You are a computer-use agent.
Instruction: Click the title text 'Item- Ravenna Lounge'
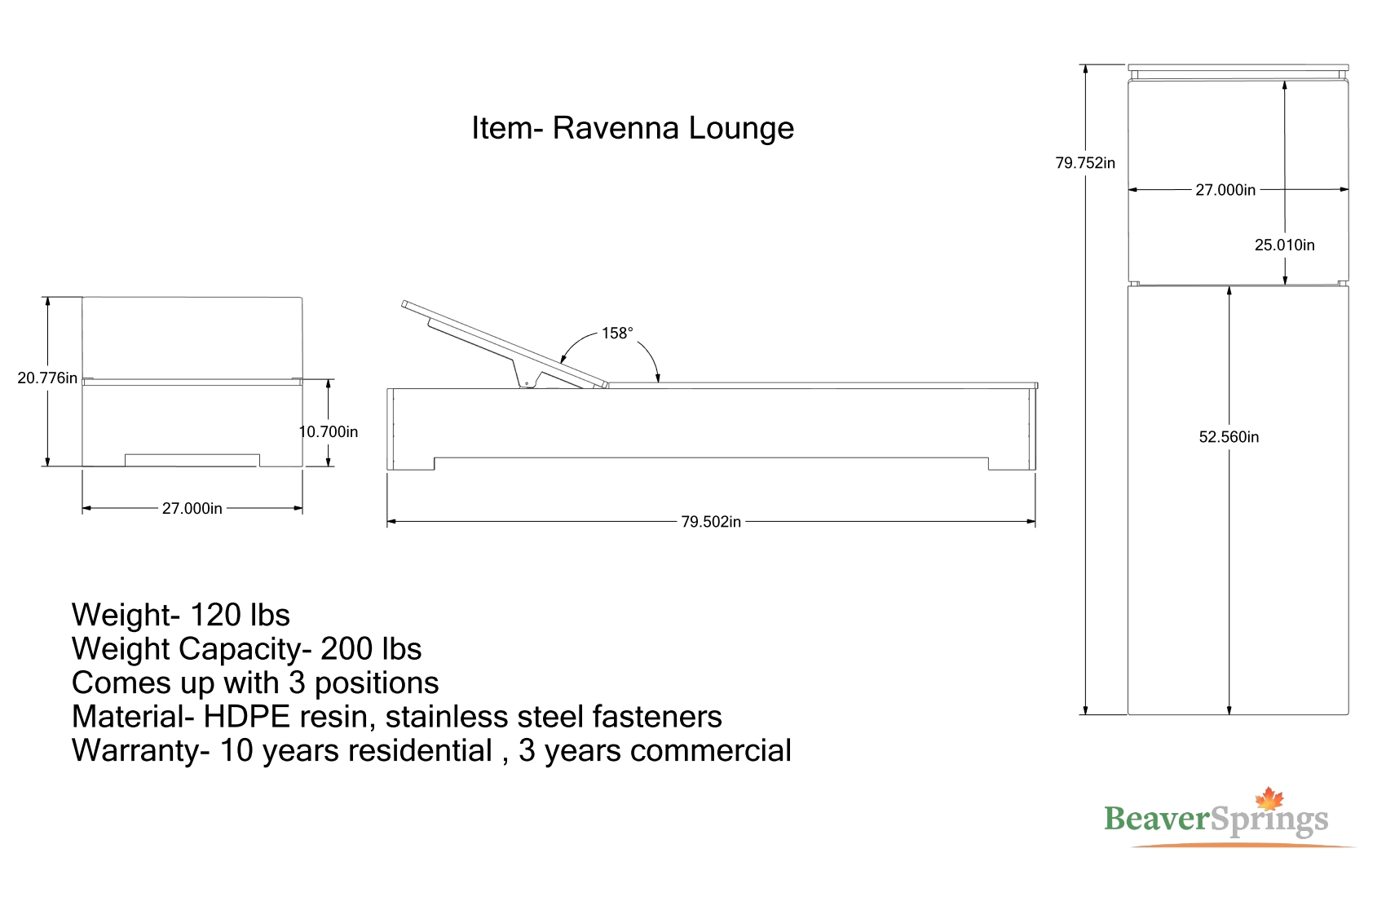pos(633,129)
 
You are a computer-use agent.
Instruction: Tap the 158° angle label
pos(617,333)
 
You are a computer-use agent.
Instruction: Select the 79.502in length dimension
pos(711,522)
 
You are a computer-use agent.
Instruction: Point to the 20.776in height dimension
pos(47,378)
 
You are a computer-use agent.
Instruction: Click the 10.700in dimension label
pos(329,431)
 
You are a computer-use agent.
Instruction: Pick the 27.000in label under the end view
pos(192,508)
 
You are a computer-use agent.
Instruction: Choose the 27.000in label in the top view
pos(1225,190)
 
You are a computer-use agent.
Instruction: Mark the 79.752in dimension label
pos(1085,163)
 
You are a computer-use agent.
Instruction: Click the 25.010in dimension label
pos(1285,245)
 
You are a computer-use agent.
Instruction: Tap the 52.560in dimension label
pos(1229,437)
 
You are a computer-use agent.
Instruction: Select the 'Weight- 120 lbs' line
pos(181,615)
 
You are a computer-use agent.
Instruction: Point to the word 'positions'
pos(377,683)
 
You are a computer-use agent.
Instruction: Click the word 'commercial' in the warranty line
pos(712,750)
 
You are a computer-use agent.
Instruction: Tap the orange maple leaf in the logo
pos(1269,798)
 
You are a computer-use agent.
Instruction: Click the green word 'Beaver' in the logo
pos(1156,819)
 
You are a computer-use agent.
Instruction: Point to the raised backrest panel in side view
pos(505,344)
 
